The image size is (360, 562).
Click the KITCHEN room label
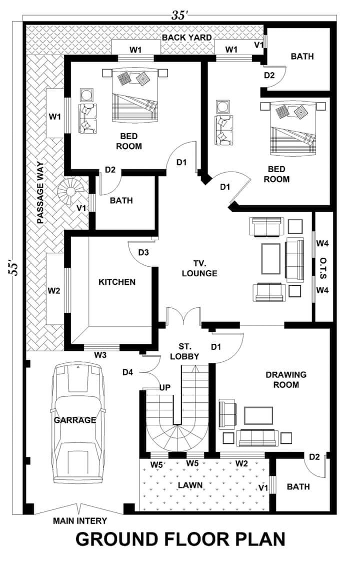coord(117,282)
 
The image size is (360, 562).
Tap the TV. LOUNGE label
coord(199,268)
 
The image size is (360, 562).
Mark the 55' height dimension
coord(13,266)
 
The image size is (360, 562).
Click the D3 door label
coord(143,252)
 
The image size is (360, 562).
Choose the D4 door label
coord(128,372)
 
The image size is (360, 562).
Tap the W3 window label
coord(100,355)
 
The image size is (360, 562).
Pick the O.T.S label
coord(323,267)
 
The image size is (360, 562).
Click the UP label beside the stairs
coord(165,387)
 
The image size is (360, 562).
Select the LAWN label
coord(190,485)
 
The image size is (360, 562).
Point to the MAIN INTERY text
coord(80,520)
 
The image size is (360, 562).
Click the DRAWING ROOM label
coord(286,379)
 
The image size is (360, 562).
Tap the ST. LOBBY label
coord(184,352)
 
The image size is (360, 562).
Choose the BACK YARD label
coord(186,38)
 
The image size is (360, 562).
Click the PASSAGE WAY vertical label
coord(40,193)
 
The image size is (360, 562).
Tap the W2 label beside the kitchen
coord(53,291)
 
